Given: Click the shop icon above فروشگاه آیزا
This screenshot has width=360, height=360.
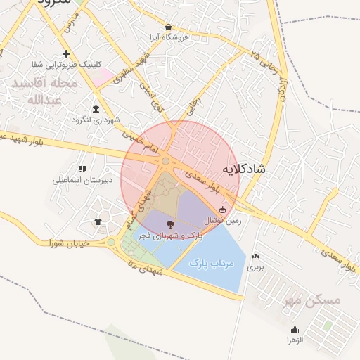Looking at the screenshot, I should coord(168,27).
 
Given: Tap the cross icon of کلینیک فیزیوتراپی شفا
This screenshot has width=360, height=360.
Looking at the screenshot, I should coord(66,53).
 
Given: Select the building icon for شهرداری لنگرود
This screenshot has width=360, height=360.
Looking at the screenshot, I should coord(96,108).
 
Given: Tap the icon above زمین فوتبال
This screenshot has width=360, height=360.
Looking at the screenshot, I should coord(223,210).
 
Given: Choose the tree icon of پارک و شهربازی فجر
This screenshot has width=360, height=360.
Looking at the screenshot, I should coord(172,224).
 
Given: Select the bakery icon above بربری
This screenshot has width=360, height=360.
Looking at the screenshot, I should coord(255,257).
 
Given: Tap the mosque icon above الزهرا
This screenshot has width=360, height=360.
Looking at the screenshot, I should coord(294,329).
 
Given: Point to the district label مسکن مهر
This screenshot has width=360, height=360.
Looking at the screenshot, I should coord(311,301).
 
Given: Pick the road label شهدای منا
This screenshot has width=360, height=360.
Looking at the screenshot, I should coord(144,268).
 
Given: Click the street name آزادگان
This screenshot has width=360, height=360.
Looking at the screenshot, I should coord(283,90).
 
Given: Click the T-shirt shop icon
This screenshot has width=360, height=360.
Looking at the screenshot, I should coord(98,222).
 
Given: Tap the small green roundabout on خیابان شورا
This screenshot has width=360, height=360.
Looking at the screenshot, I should coord(111,243).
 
